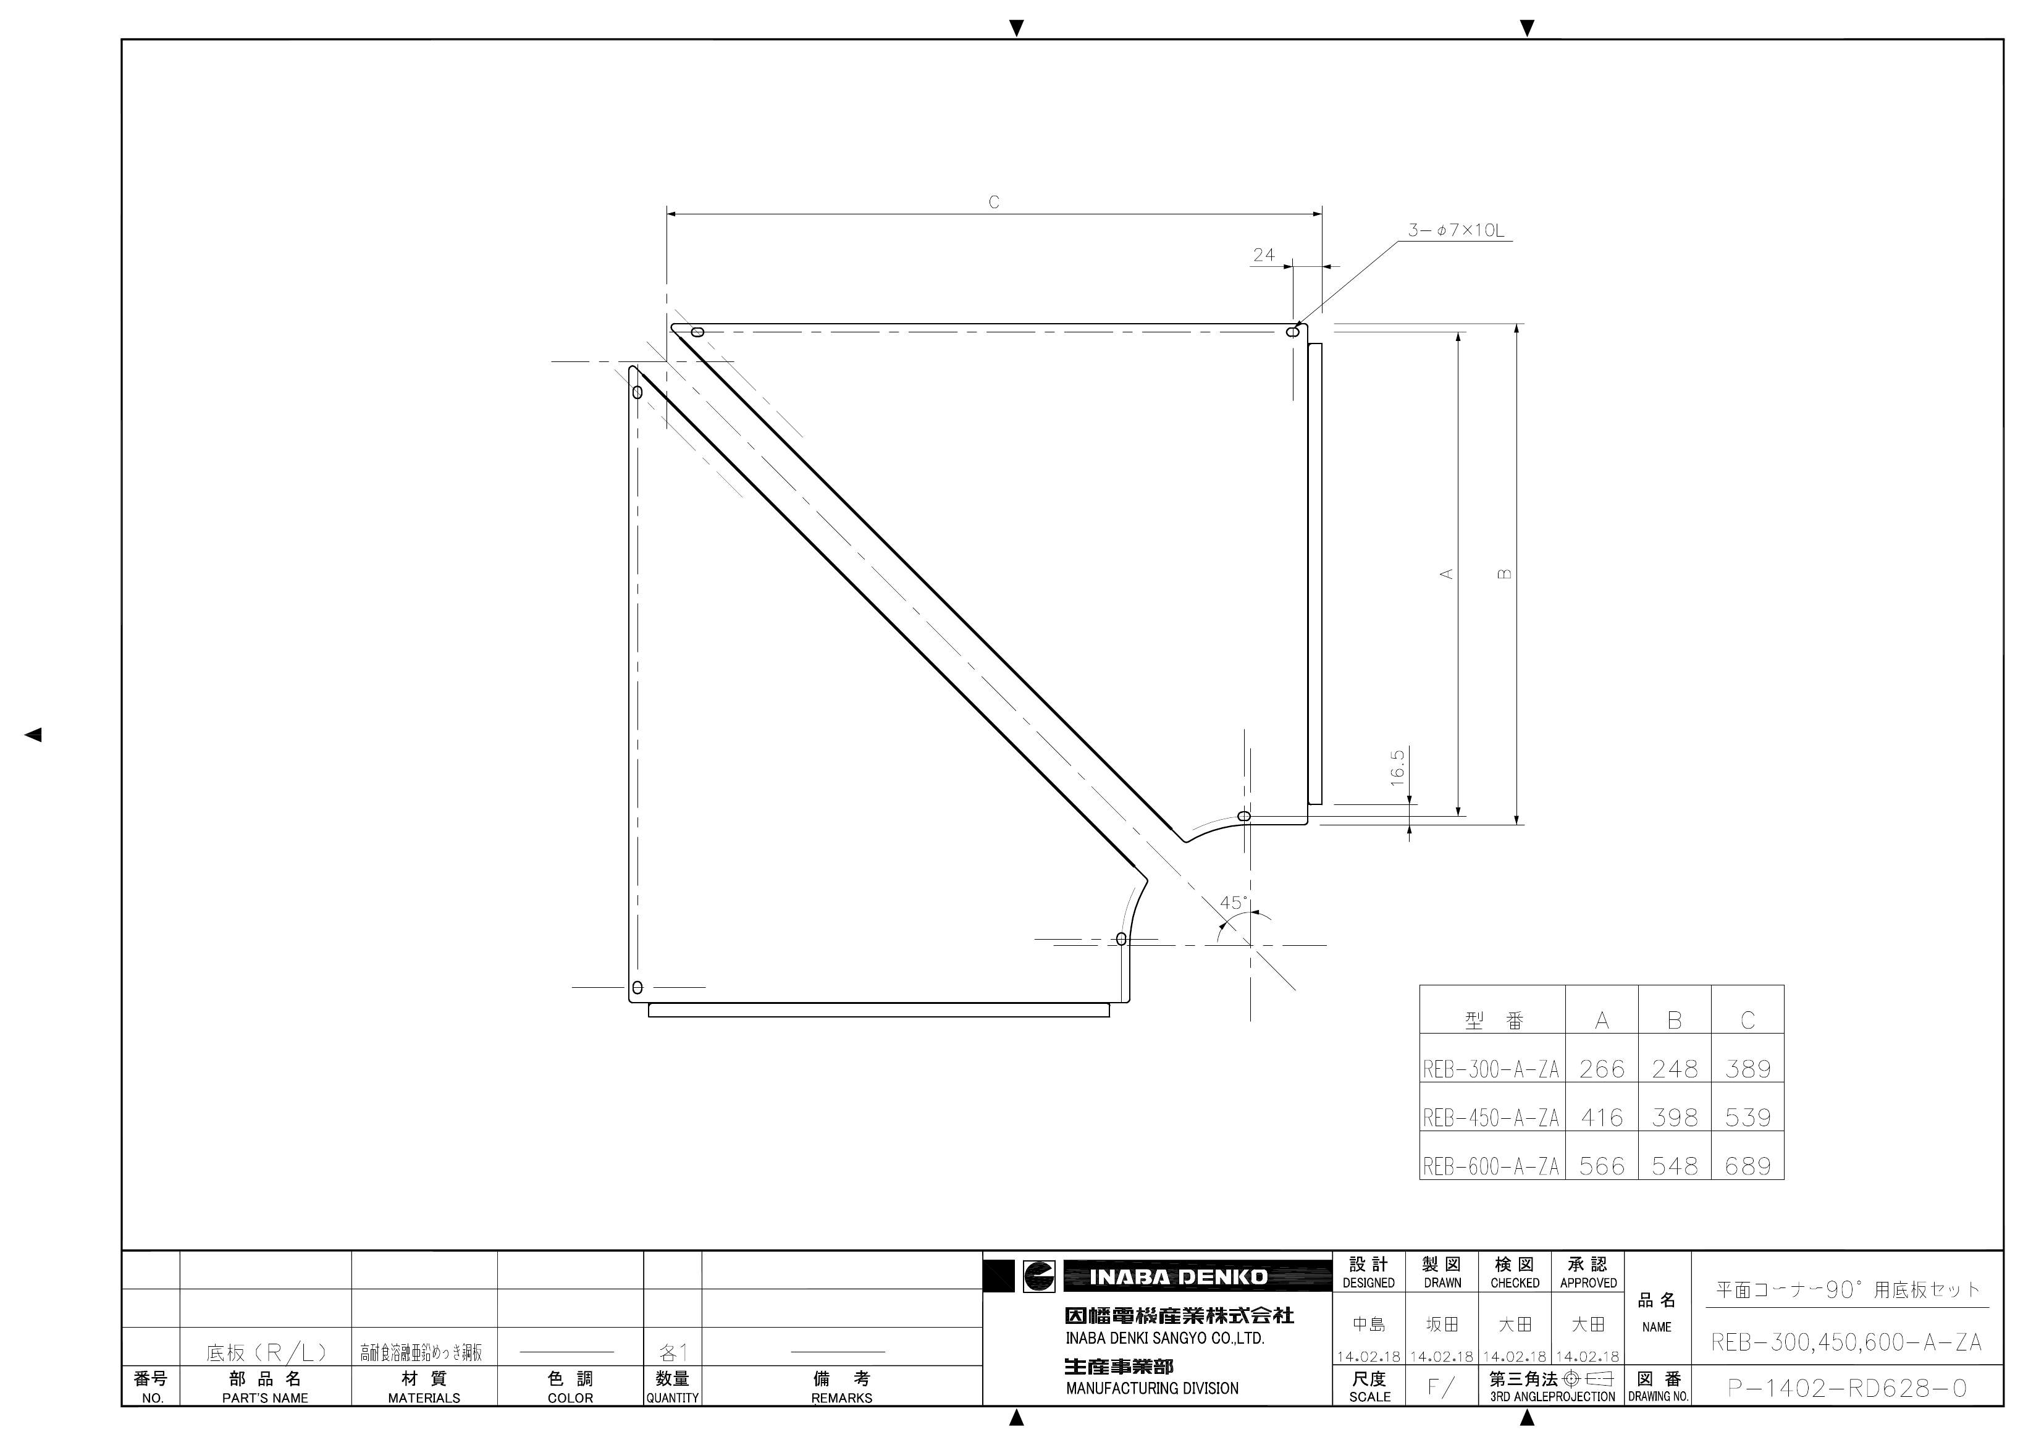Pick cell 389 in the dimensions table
coord(1747,1068)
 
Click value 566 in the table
coord(1602,1165)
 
